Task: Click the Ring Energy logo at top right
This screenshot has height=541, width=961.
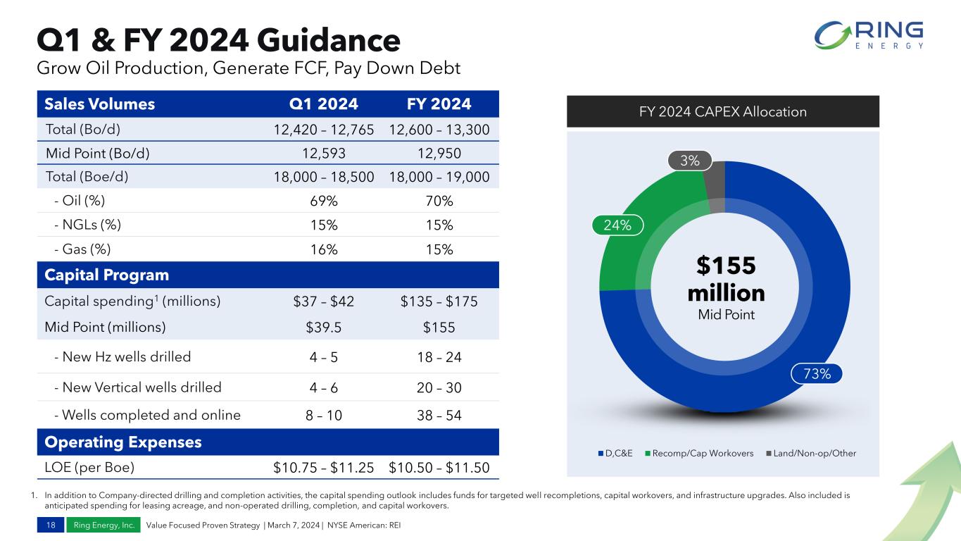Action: click(x=869, y=36)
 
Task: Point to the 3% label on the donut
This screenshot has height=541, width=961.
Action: click(x=690, y=161)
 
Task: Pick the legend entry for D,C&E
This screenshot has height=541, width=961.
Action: click(x=620, y=452)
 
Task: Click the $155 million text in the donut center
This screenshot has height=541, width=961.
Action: click(x=725, y=280)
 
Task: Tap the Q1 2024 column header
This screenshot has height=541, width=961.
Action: click(x=324, y=105)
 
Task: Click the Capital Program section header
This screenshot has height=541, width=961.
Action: click(x=106, y=275)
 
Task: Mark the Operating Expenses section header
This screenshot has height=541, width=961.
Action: click(x=123, y=442)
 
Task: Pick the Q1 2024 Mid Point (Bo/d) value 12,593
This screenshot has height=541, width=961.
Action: click(x=324, y=153)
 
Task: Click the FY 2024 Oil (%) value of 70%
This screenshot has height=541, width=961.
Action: click(x=439, y=201)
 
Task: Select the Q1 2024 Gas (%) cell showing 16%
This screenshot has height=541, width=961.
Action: click(x=324, y=249)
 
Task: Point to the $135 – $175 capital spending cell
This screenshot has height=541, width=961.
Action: click(x=439, y=301)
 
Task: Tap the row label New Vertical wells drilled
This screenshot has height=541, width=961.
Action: click(x=137, y=387)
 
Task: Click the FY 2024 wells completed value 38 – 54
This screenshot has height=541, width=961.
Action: click(x=439, y=416)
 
